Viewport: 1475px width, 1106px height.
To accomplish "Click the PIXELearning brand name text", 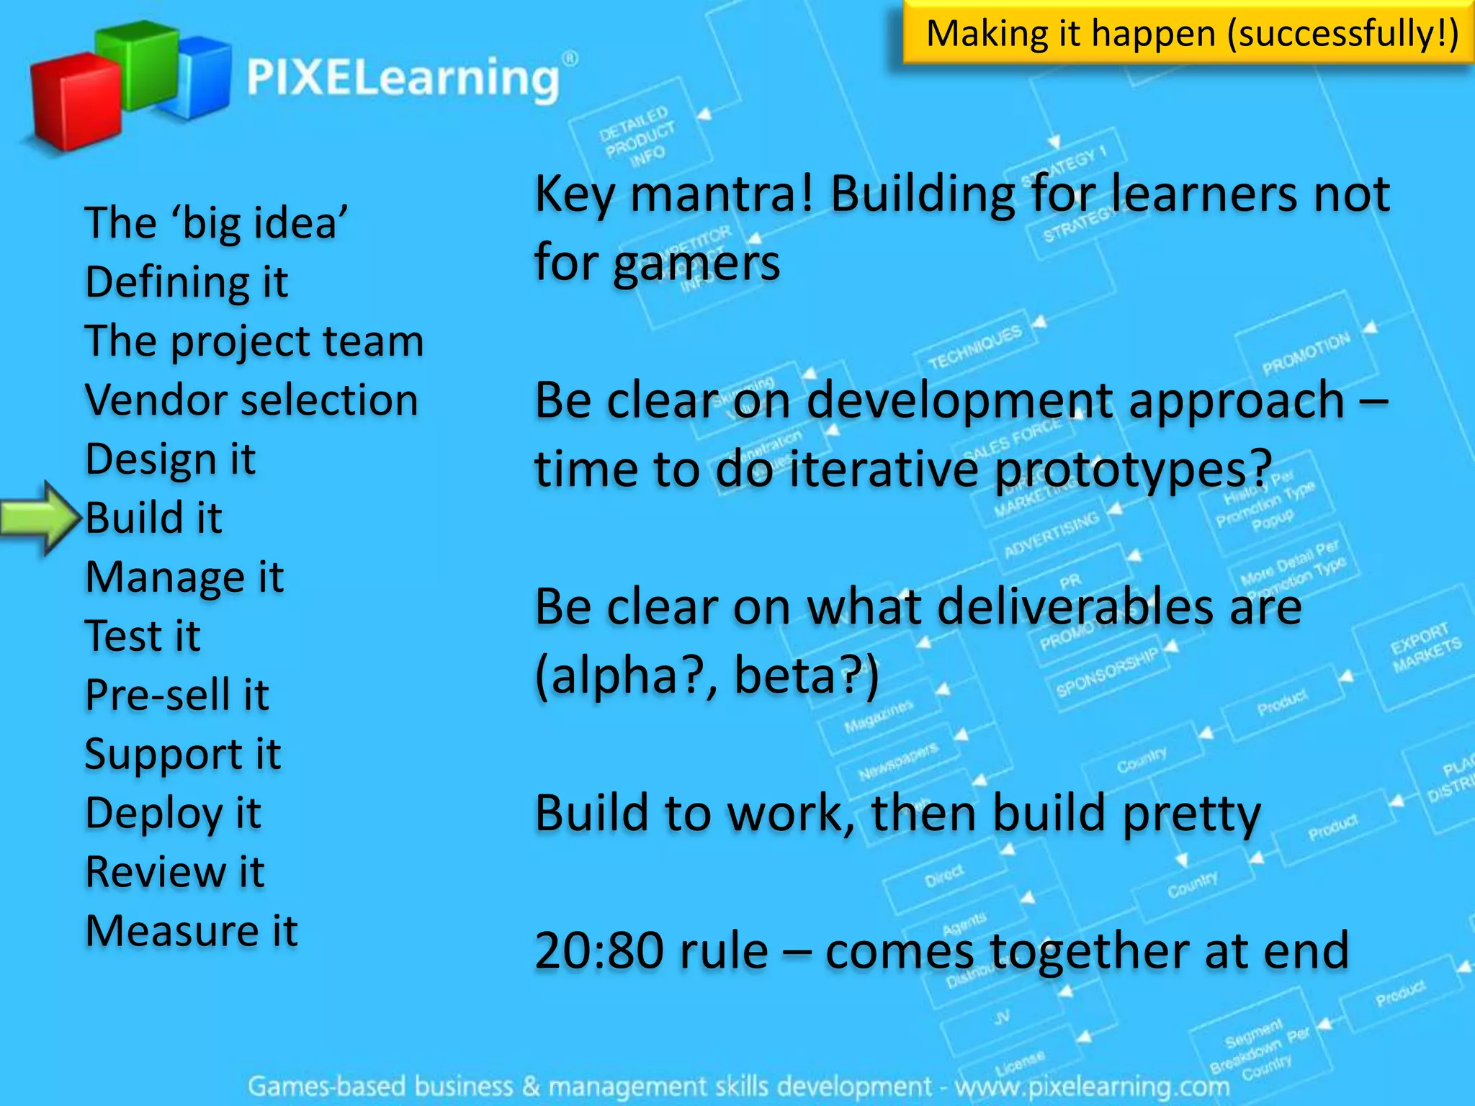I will [403, 78].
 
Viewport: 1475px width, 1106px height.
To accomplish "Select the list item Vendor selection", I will [251, 400].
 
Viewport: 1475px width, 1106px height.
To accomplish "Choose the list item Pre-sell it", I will [177, 695].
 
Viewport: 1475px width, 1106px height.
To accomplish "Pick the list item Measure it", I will [191, 931].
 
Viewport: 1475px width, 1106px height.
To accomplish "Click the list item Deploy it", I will [173, 813].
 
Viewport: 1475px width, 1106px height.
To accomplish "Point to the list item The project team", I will [254, 341].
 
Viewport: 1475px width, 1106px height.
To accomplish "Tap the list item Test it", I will [143, 636].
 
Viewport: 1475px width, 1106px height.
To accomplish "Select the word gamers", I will [696, 264].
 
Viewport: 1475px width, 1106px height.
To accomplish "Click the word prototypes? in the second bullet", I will [1133, 469].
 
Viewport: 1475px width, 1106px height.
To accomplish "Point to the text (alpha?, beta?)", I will [707, 675].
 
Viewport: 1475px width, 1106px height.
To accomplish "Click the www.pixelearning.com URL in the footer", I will [1092, 1086].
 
